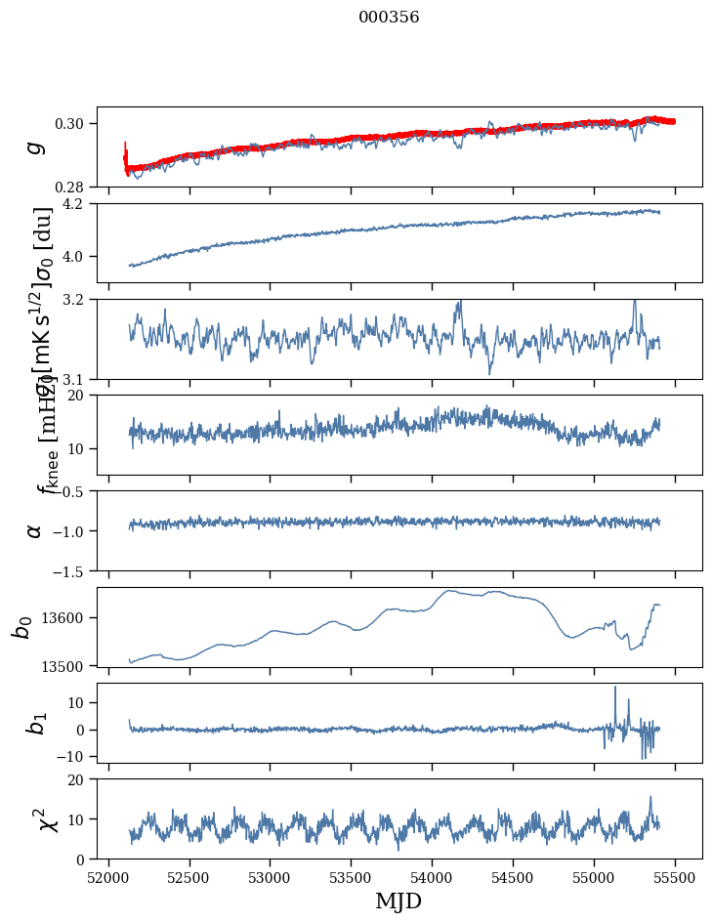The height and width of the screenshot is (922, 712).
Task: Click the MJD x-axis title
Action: coord(398,901)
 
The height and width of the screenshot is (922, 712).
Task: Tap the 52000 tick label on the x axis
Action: coord(108,876)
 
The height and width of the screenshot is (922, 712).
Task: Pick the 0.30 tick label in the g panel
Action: coord(74,123)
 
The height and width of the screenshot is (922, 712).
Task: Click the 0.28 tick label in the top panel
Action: coord(74,187)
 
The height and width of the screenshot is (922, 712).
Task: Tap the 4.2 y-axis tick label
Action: coord(79,204)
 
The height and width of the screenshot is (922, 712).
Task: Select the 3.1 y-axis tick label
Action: coord(79,379)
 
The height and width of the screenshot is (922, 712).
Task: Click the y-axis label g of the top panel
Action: coord(35,147)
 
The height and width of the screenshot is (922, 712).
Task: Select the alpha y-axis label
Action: coord(35,530)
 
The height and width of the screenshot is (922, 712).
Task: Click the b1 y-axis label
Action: coord(35,723)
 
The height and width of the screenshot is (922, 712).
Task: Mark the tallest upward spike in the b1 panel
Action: coord(615,688)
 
